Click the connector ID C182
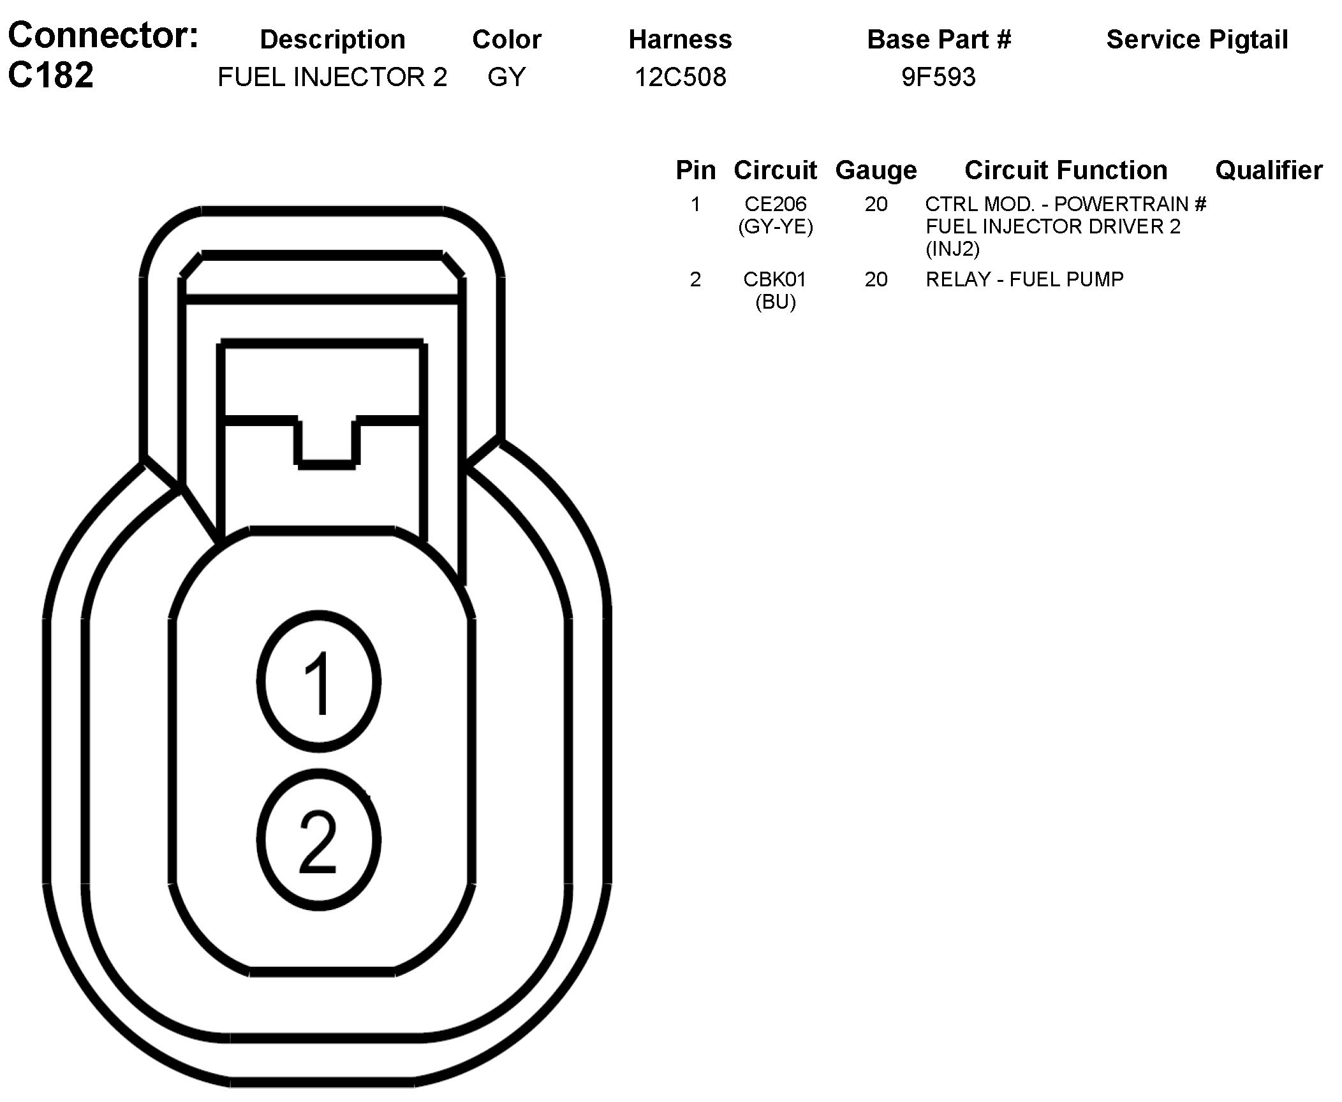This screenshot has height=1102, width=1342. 51,75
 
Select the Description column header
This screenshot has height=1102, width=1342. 332,40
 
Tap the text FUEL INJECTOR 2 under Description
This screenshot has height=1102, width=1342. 332,77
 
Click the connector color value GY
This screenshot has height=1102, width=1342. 506,77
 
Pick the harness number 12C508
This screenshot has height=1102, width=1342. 680,77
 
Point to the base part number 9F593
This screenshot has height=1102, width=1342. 938,77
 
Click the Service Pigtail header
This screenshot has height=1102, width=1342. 1197,40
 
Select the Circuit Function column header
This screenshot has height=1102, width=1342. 1066,170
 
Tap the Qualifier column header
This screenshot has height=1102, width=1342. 1269,170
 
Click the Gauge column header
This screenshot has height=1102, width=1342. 876,170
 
